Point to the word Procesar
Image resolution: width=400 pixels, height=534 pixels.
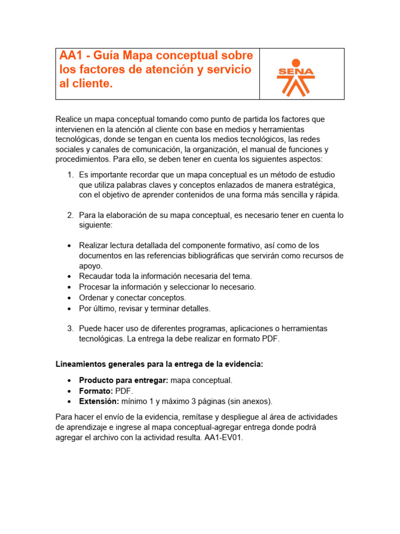(95, 287)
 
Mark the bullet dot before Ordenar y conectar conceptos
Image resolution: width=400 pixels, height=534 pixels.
(69, 298)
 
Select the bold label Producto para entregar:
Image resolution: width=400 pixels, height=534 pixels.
(123, 380)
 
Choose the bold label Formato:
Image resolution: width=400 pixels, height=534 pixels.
(96, 391)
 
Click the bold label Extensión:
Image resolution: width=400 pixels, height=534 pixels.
(99, 401)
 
